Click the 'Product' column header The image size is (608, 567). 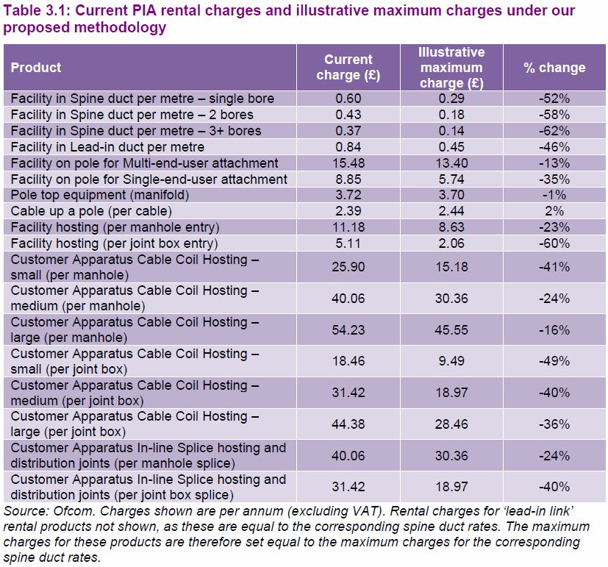click(x=36, y=68)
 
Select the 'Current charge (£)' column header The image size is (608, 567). click(x=348, y=68)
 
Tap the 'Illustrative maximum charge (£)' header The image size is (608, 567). click(x=451, y=68)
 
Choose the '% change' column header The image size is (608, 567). click(x=554, y=68)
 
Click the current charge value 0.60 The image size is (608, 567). click(x=348, y=99)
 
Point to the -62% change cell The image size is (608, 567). click(x=554, y=131)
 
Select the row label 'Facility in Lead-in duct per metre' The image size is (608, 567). click(x=107, y=147)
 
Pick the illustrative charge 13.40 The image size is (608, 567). click(x=451, y=163)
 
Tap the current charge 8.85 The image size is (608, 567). click(x=348, y=179)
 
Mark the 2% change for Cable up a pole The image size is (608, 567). click(x=554, y=212)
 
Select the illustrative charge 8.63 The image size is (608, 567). click(x=451, y=228)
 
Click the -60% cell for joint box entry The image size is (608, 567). click(x=554, y=243)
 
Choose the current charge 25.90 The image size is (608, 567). click(x=348, y=267)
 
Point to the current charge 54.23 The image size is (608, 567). click(x=348, y=330)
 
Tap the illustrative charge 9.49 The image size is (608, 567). click(x=451, y=361)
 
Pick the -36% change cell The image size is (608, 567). click(x=554, y=424)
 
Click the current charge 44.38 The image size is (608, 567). click(x=348, y=424)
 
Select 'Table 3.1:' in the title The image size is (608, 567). click(x=37, y=11)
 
